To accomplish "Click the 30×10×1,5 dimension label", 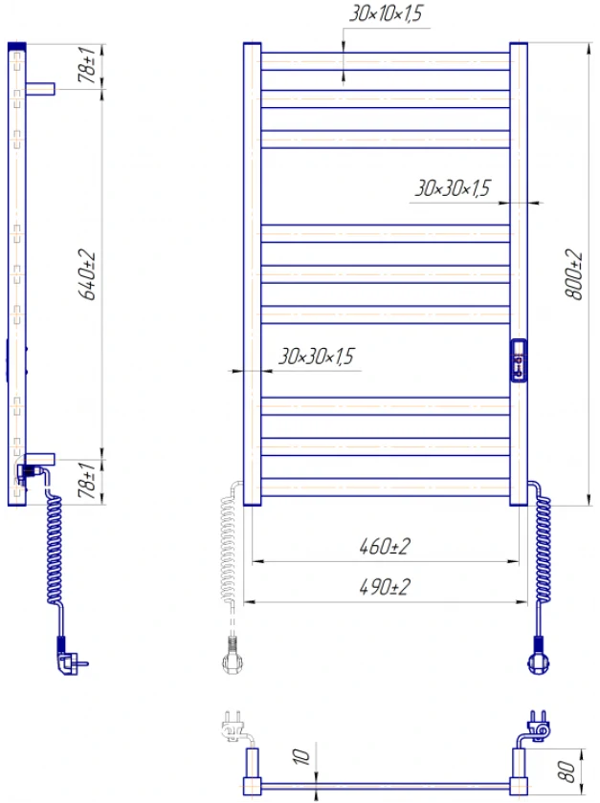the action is (x=387, y=13).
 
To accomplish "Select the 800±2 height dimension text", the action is (x=574, y=274).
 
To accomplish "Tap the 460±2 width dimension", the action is (x=385, y=547).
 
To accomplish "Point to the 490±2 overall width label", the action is (x=385, y=587).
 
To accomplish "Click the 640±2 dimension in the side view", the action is (x=87, y=274).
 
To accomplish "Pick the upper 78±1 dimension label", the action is (x=87, y=65).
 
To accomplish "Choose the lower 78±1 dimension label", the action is (x=87, y=480).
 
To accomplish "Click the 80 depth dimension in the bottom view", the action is (x=566, y=771).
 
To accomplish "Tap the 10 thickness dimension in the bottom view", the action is (x=301, y=757).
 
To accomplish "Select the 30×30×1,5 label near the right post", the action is (x=453, y=188).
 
